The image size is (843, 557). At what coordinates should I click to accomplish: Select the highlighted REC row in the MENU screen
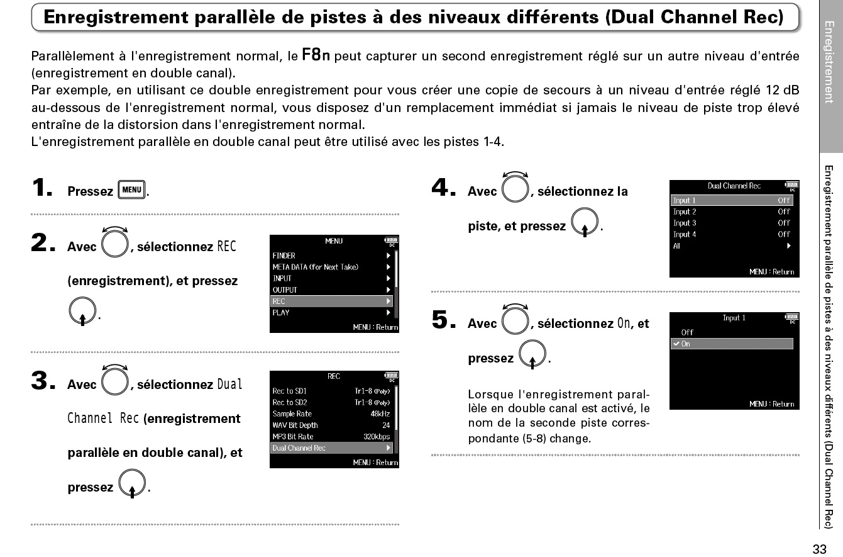pos(331,301)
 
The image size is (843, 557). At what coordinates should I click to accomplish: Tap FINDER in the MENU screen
pos(284,256)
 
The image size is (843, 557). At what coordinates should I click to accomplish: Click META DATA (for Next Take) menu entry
pos(315,267)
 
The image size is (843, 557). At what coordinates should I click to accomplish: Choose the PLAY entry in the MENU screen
pos(281,313)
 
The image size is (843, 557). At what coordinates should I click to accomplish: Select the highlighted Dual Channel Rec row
pos(331,448)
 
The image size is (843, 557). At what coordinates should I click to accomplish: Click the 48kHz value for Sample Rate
pos(380,414)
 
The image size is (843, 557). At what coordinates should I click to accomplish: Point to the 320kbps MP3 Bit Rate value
pos(376,437)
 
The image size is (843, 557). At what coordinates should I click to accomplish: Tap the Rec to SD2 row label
pos(289,403)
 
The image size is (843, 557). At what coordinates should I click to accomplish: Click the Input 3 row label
pos(685,223)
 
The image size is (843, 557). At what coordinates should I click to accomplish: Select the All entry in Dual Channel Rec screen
pos(676,246)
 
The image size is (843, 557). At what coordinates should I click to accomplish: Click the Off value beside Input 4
pos(783,235)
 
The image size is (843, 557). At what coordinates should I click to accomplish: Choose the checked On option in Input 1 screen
pos(732,344)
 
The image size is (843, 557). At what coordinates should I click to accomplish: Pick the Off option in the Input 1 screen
pos(687,332)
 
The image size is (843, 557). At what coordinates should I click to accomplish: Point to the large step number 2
pos(44,244)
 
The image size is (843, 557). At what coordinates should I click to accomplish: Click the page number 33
pos(819,549)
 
